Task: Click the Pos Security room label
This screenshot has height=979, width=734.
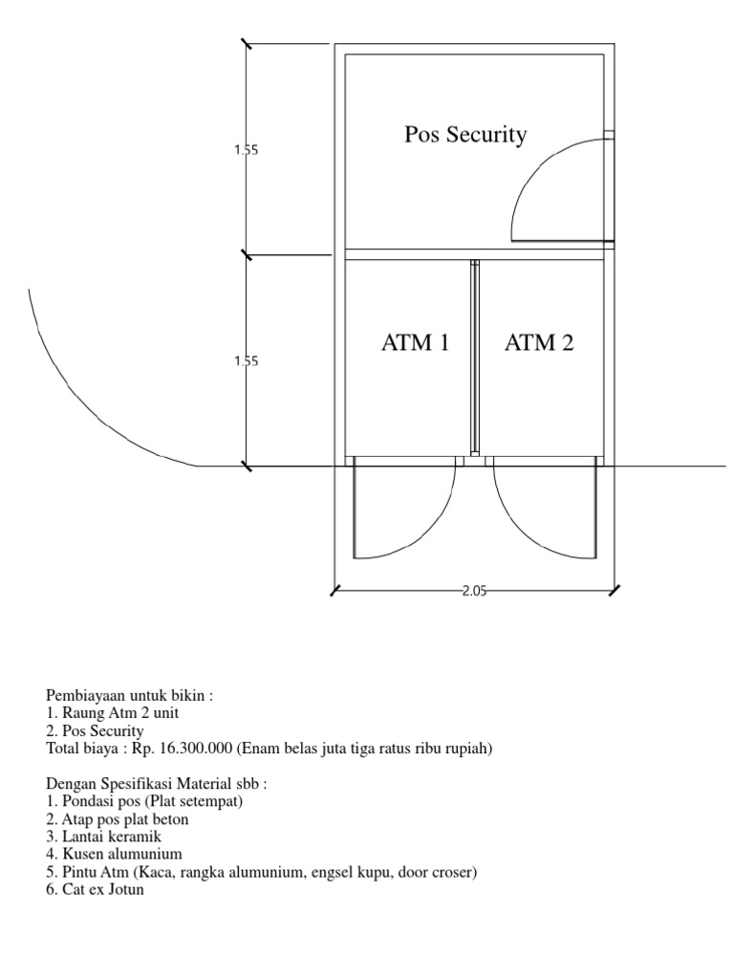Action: pos(465,135)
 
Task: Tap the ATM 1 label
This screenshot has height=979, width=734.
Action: pos(415,342)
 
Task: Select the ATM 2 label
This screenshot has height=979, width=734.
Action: pos(539,342)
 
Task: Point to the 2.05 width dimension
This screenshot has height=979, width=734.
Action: pos(474,591)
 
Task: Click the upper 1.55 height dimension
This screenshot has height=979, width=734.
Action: pos(247,149)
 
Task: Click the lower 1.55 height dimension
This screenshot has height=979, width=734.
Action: pos(247,361)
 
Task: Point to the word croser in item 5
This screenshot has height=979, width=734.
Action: pos(450,872)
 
